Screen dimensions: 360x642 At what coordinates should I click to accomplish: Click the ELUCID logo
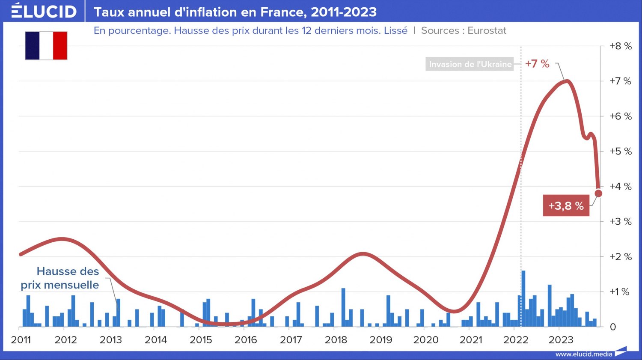point(44,11)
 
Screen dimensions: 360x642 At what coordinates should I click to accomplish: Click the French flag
point(46,45)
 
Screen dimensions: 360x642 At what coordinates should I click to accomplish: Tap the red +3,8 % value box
point(566,206)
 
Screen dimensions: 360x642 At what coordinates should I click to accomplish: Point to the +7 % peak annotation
point(537,64)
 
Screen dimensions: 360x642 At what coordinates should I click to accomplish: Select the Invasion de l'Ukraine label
point(470,64)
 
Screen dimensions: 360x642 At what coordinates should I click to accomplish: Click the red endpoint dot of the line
point(598,193)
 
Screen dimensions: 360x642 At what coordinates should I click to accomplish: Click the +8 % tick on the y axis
point(620,46)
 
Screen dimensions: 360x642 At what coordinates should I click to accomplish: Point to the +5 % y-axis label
point(620,151)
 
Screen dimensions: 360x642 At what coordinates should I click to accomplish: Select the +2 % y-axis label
point(620,256)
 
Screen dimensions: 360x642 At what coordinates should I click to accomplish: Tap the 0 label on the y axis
point(613,327)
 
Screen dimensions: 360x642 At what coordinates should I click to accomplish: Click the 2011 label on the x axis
point(21,340)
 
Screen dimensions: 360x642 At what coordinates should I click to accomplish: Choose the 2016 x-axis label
point(246,340)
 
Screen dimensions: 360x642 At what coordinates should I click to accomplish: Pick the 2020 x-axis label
point(426,340)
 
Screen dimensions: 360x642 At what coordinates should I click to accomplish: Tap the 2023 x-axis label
point(561,340)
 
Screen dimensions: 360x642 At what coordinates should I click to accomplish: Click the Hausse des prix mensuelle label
point(60,278)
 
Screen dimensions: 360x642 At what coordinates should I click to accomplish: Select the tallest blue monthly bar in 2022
point(523,298)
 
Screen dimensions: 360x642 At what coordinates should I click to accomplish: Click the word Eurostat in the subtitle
point(487,31)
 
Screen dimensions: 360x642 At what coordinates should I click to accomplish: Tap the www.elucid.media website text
point(584,354)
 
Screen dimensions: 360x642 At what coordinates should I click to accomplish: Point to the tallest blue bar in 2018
point(343,307)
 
